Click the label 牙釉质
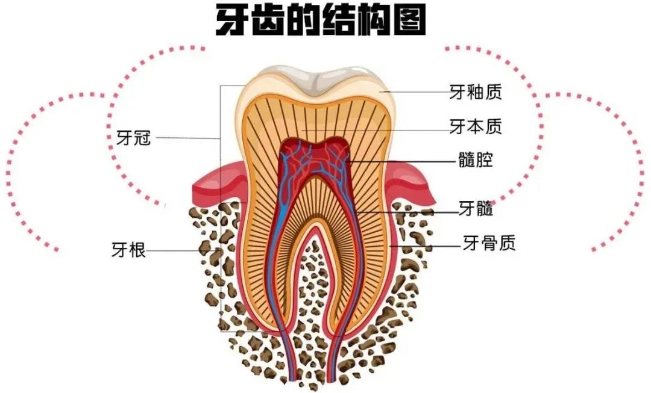(476, 92)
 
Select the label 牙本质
(476, 126)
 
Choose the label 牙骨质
(489, 243)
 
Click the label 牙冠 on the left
(132, 138)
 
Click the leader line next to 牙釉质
(416, 92)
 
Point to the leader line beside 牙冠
(187, 138)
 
